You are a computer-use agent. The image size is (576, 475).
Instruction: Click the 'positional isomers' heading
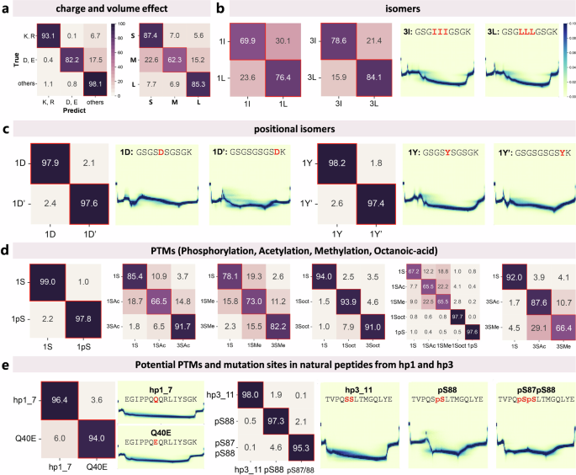point(288,129)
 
